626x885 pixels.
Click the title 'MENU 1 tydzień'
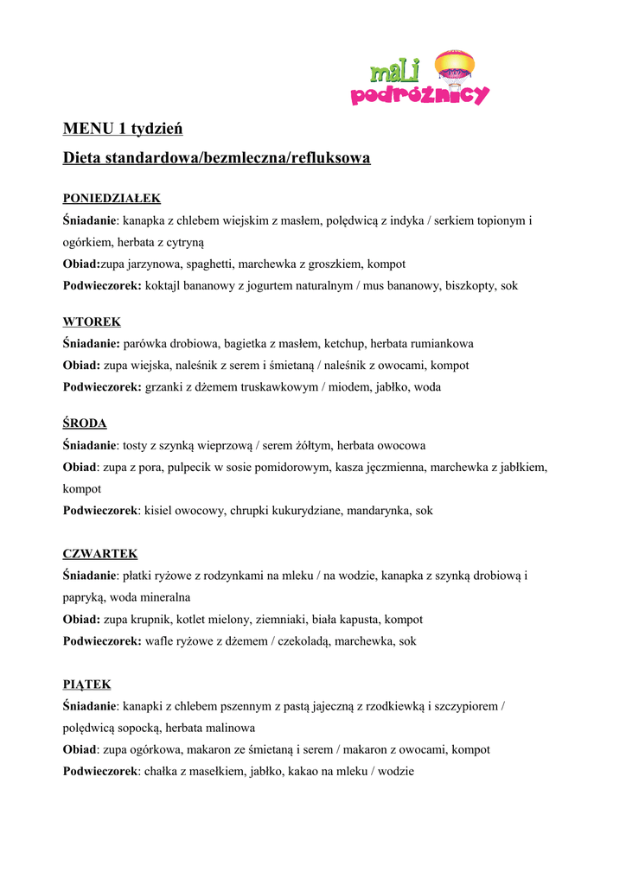pos(123,129)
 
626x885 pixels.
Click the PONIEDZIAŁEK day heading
pos(112,198)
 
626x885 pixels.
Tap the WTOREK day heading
pos(92,322)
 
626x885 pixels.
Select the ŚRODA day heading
pos(85,423)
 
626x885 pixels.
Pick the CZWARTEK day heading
pos(100,553)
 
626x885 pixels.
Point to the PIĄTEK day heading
pos(86,684)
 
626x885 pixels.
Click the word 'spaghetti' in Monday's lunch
pos(211,264)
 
